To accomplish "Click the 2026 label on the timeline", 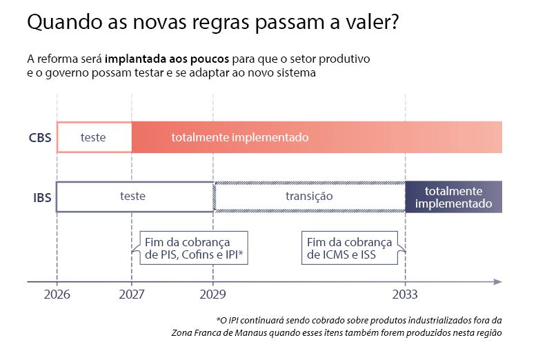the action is point(57,294).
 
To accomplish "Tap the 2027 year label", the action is point(132,294).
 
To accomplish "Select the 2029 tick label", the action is point(212,294).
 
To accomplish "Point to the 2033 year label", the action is point(405,294).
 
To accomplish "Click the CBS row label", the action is point(40,137).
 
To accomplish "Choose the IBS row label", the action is point(42,198).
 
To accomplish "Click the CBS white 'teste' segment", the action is point(95,137).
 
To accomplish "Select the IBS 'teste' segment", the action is point(135,197).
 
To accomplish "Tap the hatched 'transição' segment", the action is point(309,197).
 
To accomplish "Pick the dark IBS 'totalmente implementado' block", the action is point(454,197).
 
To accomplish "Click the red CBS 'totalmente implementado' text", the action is point(240,137).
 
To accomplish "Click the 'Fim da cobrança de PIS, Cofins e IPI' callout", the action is point(193,248).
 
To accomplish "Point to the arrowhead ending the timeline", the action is point(498,281).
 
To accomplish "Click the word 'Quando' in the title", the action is point(65,23).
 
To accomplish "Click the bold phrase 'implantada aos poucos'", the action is point(167,59).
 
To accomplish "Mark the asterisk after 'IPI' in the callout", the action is point(241,252).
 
